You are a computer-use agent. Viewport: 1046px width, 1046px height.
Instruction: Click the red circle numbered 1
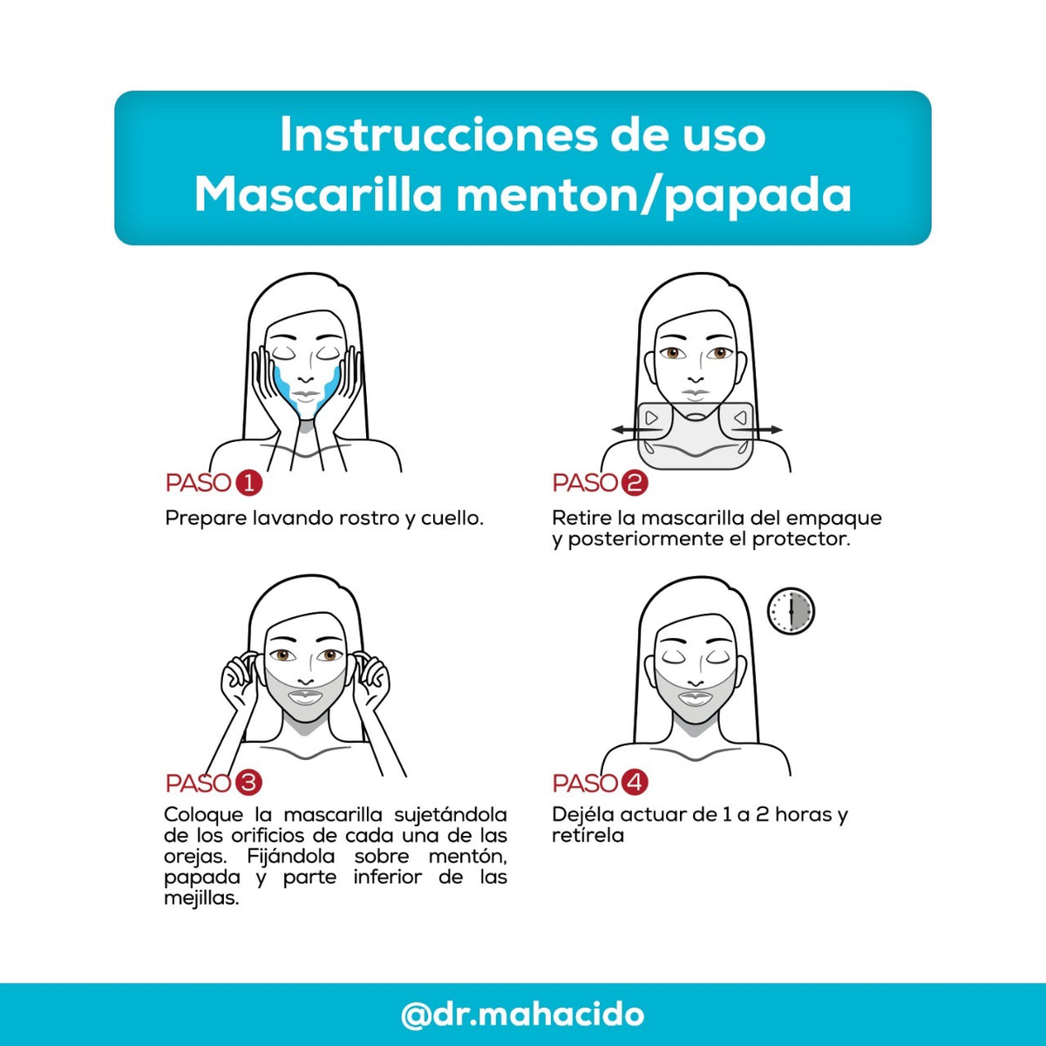[249, 483]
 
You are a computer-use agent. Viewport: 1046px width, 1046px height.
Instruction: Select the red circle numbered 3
[249, 783]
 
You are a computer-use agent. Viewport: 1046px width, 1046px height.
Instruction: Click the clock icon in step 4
[791, 611]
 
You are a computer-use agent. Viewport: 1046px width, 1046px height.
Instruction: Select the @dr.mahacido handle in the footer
[523, 1015]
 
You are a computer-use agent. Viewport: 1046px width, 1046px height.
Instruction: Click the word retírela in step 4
[588, 836]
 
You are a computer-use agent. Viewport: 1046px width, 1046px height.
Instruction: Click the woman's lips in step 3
[305, 696]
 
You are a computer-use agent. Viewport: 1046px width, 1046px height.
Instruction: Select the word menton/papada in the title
[654, 195]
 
